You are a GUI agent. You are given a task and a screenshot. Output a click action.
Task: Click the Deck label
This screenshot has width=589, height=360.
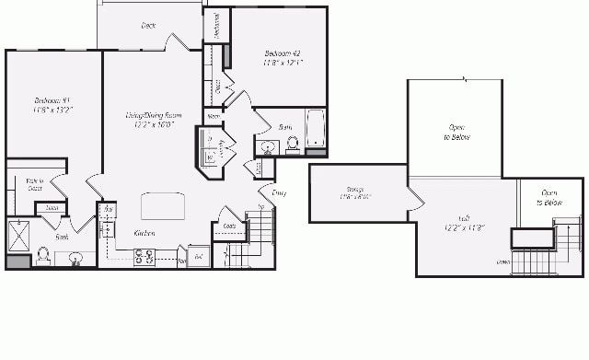147,26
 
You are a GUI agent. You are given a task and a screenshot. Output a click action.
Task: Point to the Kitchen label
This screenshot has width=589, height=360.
144,233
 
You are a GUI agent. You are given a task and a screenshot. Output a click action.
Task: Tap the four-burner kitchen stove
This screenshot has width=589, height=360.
144,257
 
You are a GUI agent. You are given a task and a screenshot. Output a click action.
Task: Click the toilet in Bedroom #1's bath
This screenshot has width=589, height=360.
42,255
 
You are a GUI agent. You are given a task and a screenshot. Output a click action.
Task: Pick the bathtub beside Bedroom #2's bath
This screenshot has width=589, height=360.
316,129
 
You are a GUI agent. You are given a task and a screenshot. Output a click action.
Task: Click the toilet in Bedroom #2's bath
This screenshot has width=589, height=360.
293,143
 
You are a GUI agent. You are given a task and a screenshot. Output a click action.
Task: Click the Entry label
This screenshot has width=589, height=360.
279,192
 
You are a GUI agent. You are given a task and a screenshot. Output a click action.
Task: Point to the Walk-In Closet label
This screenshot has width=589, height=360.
34,184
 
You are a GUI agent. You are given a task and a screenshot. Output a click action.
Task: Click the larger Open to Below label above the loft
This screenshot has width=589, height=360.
456,131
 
